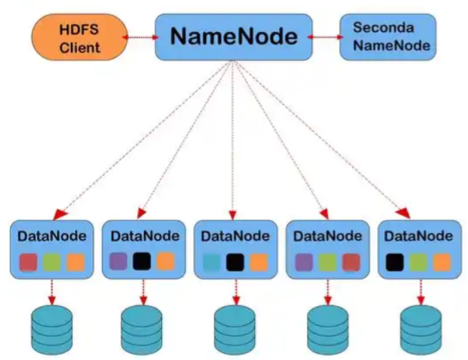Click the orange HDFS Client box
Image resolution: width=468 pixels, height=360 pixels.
pos(79,37)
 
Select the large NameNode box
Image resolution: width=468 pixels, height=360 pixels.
pos(233,37)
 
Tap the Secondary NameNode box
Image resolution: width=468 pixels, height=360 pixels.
pos(387,37)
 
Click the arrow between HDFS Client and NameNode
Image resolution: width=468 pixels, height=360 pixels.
pos(142,37)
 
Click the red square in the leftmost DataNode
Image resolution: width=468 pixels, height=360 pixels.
pos(27,262)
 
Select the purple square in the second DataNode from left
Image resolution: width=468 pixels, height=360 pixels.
pos(119,262)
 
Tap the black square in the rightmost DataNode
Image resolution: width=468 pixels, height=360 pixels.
pos(395,262)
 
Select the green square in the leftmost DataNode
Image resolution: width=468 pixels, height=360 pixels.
pos(51,262)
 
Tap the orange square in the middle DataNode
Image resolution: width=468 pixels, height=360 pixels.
pos(258,262)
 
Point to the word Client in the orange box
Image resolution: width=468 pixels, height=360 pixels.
pos(79,47)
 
